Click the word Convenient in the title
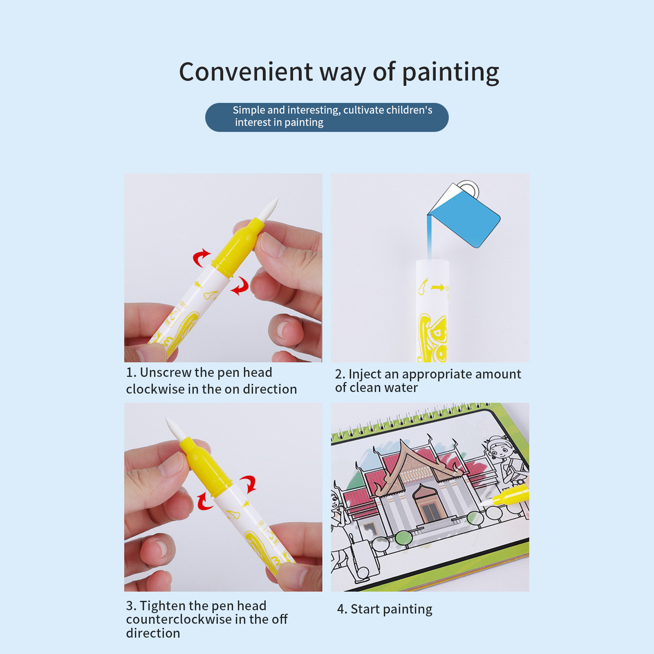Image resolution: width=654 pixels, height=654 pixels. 246,72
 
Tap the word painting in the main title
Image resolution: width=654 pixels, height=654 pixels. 450,73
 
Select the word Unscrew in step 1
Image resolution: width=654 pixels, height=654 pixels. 166,372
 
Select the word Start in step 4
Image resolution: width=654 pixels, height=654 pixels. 365,609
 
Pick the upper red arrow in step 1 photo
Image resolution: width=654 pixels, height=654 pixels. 201,258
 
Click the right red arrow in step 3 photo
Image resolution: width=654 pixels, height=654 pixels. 249,484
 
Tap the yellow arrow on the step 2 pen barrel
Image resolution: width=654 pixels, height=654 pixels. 438,288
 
